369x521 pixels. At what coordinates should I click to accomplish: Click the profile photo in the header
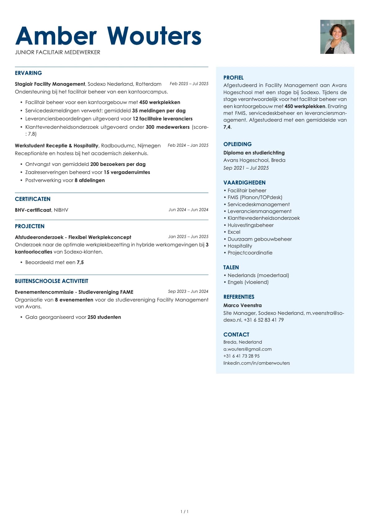(337, 37)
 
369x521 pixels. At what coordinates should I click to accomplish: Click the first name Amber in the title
(56, 36)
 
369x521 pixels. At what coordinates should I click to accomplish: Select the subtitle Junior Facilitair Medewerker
(57, 52)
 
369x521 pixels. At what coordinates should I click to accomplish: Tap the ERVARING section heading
(28, 73)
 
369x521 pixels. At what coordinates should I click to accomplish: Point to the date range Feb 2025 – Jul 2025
(189, 84)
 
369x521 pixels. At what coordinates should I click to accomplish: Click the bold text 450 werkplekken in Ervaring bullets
(159, 102)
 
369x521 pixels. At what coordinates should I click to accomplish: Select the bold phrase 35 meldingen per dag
(158, 111)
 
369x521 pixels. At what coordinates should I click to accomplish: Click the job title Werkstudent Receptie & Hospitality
(56, 145)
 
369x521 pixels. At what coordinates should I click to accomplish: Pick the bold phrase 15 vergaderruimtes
(127, 172)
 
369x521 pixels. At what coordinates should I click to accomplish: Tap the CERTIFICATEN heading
(33, 199)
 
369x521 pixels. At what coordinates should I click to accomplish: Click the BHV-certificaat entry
(33, 210)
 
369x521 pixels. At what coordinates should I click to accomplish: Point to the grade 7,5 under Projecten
(80, 262)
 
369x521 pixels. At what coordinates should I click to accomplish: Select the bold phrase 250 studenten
(104, 317)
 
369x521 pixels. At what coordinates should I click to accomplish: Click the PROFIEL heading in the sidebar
(233, 78)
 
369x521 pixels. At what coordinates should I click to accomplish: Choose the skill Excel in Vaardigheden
(234, 232)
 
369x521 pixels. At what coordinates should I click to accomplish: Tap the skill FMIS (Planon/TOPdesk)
(255, 197)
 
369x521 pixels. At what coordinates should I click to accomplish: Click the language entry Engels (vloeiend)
(248, 282)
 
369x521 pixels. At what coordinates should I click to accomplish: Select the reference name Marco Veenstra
(242, 305)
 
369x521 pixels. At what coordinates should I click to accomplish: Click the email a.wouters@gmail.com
(247, 349)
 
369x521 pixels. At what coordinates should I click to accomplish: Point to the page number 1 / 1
(184, 512)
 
